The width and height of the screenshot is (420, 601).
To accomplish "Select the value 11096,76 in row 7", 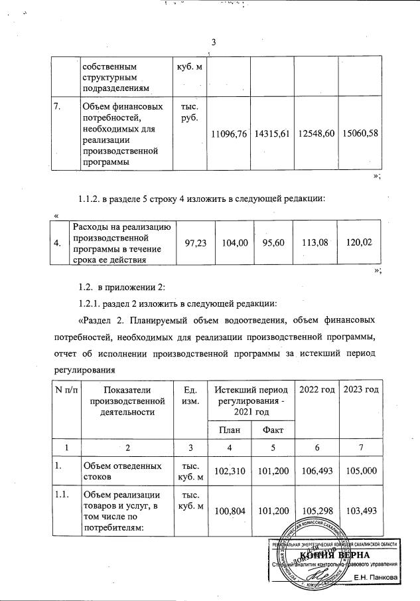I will (229, 133).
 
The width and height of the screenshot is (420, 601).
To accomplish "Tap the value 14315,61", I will (273, 133).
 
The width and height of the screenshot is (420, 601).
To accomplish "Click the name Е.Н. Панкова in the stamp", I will (376, 577).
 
